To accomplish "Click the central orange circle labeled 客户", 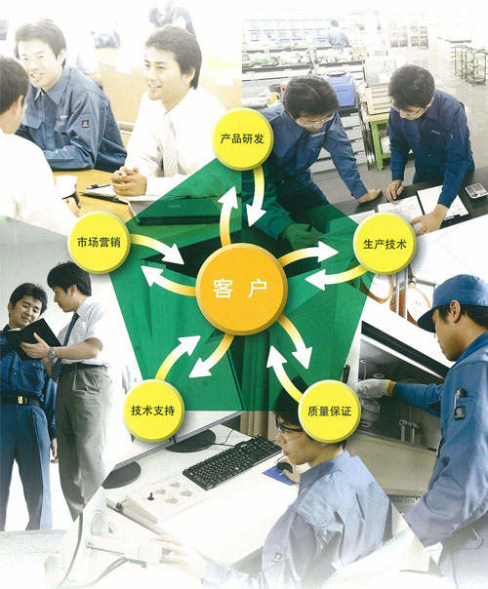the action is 242,289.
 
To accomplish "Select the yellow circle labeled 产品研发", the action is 242,138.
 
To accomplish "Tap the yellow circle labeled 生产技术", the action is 385,244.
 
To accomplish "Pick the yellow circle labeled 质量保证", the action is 329,411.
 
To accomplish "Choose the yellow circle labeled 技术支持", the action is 153,411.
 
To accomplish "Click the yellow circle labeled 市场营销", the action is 99,242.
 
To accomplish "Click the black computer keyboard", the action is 232,463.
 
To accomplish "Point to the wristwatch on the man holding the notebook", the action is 52,353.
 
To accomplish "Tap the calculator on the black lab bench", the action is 475,190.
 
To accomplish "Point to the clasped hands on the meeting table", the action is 128,180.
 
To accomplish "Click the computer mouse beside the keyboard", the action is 285,467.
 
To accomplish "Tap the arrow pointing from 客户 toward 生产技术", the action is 307,254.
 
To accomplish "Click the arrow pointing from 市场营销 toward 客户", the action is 157,248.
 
